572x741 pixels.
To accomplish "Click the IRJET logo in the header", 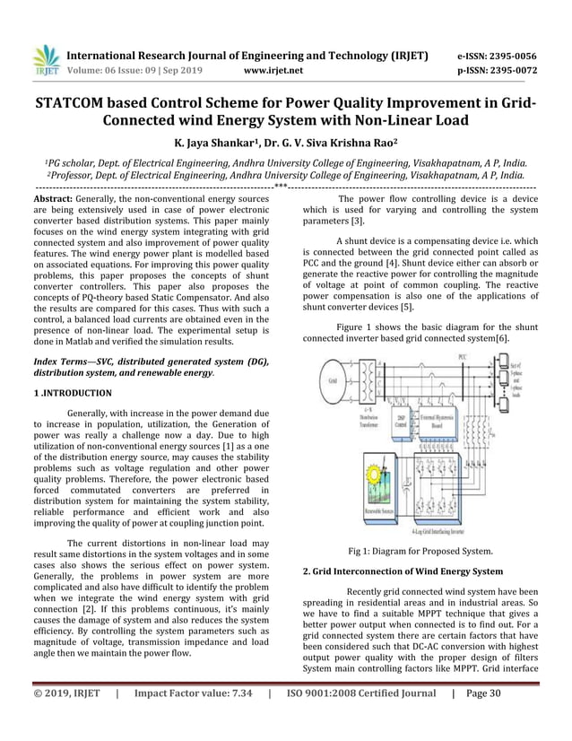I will click(46, 60).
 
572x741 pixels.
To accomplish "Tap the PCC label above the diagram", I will click(463, 356).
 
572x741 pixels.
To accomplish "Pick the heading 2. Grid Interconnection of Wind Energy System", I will click(402, 571).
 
